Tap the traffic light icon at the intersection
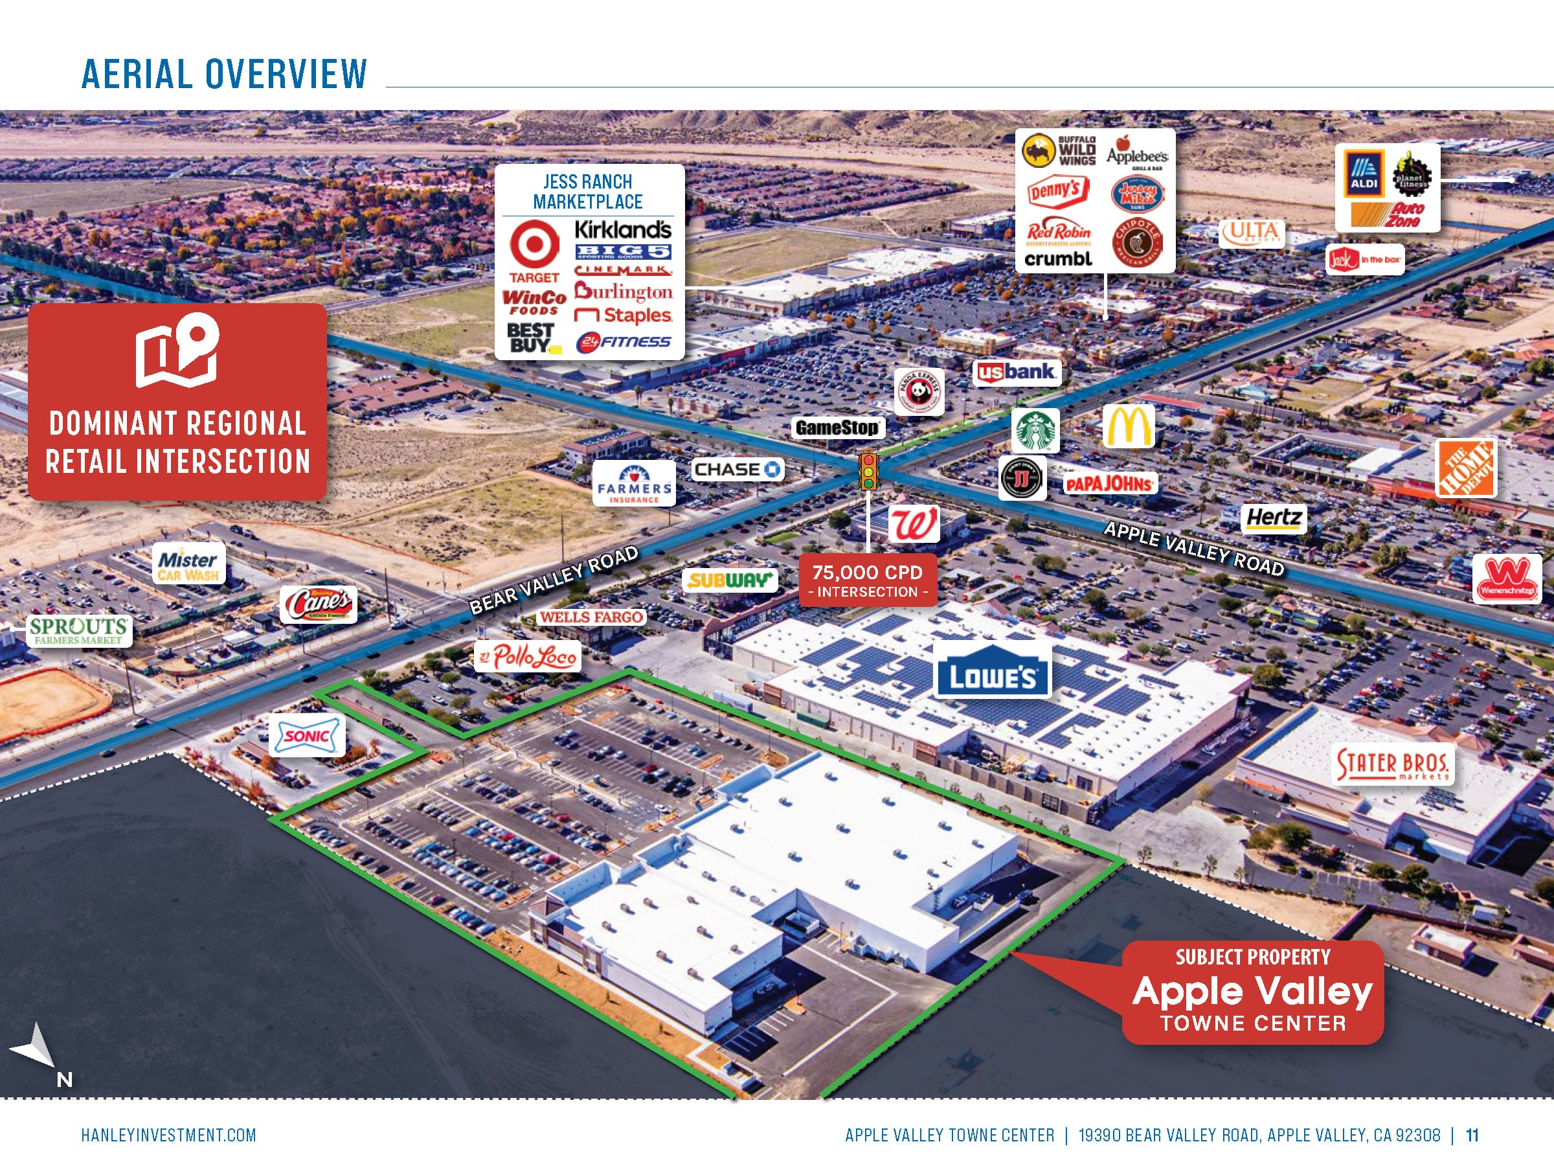(x=869, y=470)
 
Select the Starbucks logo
(x=1035, y=430)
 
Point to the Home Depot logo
(x=1465, y=469)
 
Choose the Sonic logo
(x=307, y=735)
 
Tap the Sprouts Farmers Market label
(x=78, y=630)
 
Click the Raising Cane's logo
(x=319, y=604)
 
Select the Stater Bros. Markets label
(x=1391, y=766)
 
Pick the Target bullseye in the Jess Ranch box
(x=534, y=244)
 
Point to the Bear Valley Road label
(x=554, y=580)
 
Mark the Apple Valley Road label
(x=1193, y=549)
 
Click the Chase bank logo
(x=737, y=469)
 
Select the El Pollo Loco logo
(x=528, y=656)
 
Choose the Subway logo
(x=730, y=580)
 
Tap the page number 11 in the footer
(x=1472, y=1135)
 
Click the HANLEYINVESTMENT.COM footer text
(x=168, y=1135)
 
